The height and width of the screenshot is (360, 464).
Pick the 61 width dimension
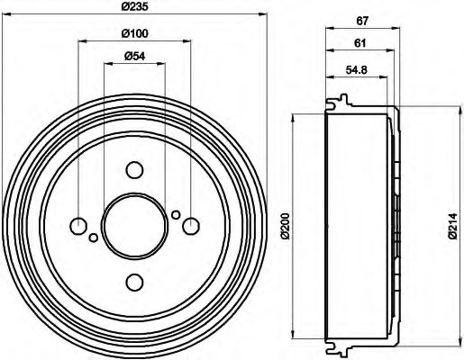pyautogui.click(x=359, y=44)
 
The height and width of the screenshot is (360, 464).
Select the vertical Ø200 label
pyautogui.click(x=286, y=225)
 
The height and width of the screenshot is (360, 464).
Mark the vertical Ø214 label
pyautogui.click(x=451, y=225)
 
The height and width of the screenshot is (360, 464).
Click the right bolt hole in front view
pyautogui.click(x=190, y=226)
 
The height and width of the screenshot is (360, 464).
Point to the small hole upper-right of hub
pyautogui.click(x=176, y=214)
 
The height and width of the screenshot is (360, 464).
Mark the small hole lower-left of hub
pyautogui.click(x=93, y=238)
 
